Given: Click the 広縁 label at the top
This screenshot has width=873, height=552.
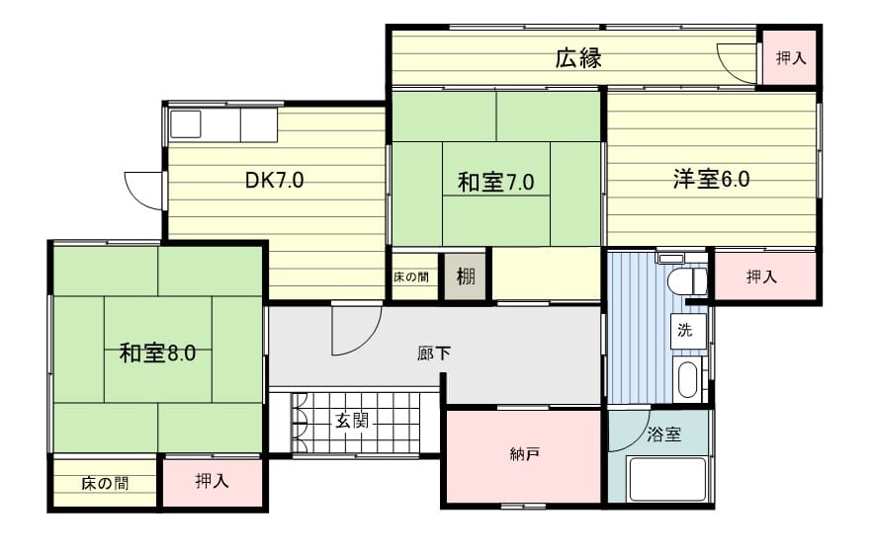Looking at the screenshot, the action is point(578,58).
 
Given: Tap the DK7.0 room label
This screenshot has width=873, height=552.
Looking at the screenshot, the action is point(275,180).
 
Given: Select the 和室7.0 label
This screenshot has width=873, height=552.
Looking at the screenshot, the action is point(495,182).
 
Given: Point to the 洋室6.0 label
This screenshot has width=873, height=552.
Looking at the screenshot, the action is point(711,179).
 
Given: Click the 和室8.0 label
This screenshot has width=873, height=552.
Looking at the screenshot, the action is point(157,353).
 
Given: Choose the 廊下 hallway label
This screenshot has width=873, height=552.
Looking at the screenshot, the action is point(434,353).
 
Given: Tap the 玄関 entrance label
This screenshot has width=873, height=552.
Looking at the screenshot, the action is point(352,421).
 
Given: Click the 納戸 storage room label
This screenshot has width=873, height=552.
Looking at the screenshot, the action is point(524,454).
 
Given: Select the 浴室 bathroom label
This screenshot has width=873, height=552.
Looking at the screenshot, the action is point(664,434).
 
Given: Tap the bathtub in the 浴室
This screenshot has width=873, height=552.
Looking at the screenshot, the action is point(667,479).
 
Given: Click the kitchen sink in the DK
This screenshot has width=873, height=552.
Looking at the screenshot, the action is point(186,124).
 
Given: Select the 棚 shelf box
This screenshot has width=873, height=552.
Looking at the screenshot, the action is point(466,276).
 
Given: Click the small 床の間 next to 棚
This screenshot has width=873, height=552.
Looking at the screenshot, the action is point(412,276).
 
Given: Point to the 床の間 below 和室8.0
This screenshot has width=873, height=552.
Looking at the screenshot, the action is point(105,483).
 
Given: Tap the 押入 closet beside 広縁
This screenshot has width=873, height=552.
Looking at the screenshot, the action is point(790,58).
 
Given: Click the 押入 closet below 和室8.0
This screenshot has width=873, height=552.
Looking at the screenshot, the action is point(213,482).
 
